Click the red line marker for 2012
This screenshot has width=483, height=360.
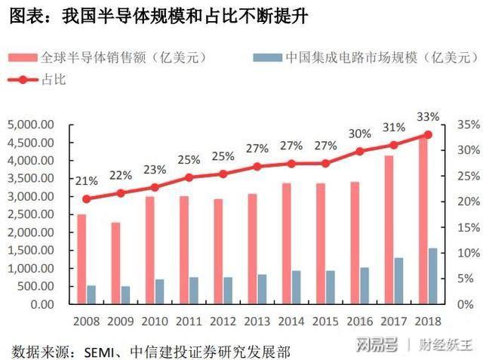click(223, 174)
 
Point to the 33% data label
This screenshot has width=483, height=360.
click(427, 117)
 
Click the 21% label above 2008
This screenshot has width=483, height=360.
click(86, 181)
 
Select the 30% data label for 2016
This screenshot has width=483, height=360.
click(359, 134)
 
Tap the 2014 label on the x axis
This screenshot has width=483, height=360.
click(291, 320)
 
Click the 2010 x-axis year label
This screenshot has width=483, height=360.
click(155, 320)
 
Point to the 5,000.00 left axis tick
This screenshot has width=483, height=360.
click(32, 125)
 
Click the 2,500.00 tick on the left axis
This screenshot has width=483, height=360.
click(32, 214)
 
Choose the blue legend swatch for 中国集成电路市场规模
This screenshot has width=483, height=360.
click(266, 57)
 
